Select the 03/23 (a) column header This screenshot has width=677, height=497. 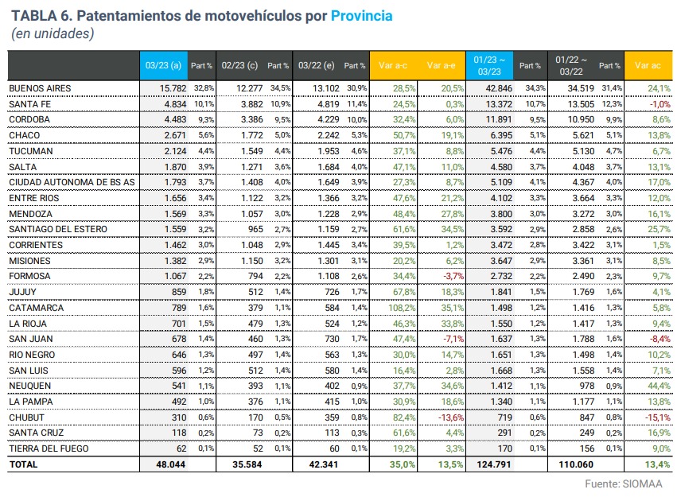click(164, 65)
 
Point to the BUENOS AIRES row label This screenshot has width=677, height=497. click(41, 87)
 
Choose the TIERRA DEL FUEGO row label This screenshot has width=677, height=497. click(46, 448)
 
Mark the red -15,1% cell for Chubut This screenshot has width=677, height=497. click(654, 417)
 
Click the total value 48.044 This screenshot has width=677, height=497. click(169, 464)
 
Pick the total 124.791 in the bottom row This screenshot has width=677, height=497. click(494, 464)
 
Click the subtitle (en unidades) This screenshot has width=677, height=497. click(53, 33)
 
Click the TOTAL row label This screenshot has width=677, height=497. click(23, 464)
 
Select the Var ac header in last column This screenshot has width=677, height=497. click(648, 65)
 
